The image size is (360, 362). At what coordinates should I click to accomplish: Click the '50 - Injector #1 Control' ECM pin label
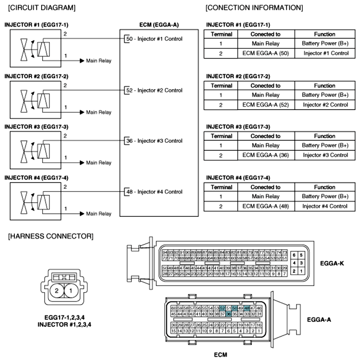coord(154,39)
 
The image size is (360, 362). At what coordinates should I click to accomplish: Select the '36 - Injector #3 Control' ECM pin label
coord(154,141)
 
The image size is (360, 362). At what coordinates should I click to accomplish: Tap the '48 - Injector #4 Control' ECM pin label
coord(154,192)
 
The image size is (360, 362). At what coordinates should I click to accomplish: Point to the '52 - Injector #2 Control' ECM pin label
coord(154,90)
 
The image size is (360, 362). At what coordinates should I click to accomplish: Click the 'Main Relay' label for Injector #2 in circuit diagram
coord(99,113)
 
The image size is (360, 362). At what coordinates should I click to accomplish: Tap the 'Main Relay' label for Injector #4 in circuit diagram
coord(99,214)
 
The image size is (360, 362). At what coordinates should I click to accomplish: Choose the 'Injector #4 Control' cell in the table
coord(325,206)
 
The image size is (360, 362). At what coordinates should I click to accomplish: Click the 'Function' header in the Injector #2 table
coord(325,86)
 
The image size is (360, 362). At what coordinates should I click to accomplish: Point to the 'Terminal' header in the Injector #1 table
coord(221,34)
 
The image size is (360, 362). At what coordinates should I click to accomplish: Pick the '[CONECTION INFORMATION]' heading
coord(253,8)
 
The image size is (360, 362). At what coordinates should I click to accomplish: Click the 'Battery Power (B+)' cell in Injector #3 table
coord(325,145)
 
